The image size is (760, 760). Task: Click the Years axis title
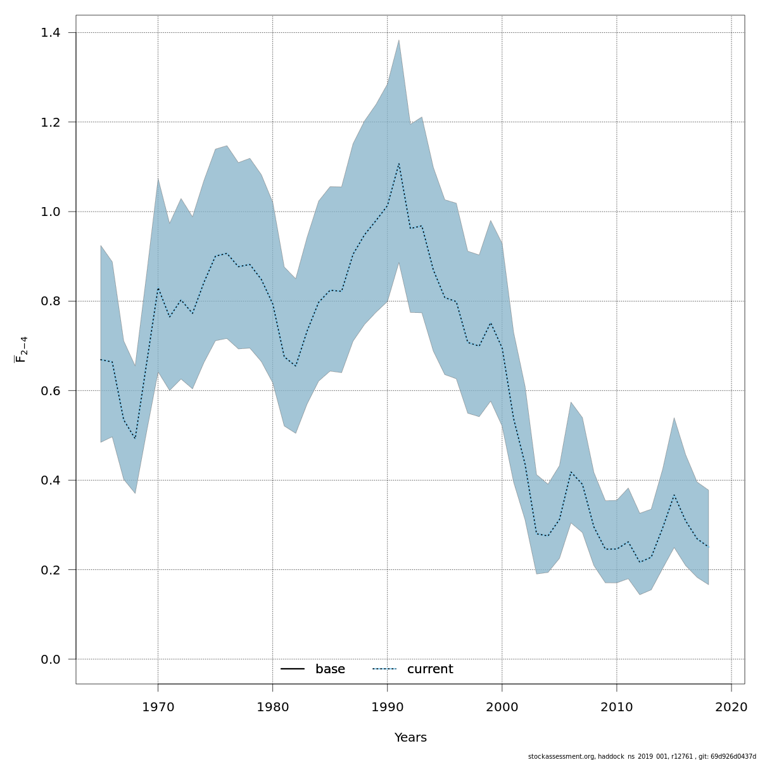(x=410, y=738)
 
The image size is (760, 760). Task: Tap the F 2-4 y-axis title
(x=21, y=349)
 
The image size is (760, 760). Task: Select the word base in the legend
(x=330, y=669)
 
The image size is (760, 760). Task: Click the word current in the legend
(x=430, y=669)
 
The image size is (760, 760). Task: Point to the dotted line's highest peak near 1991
(x=398, y=163)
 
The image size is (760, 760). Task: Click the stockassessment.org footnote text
(x=642, y=756)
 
